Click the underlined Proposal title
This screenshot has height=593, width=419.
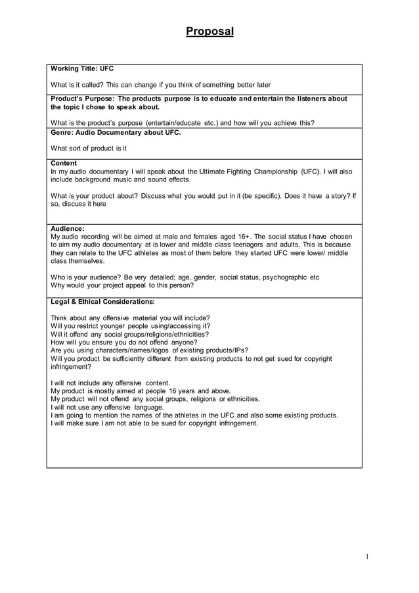209,31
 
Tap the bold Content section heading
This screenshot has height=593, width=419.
64,163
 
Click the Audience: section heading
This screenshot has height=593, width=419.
68,228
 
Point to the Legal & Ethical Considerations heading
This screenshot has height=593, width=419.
102,302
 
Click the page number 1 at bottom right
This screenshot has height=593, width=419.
367,557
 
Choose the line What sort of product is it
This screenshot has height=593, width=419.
89,148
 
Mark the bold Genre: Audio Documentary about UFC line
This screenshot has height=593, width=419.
115,131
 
